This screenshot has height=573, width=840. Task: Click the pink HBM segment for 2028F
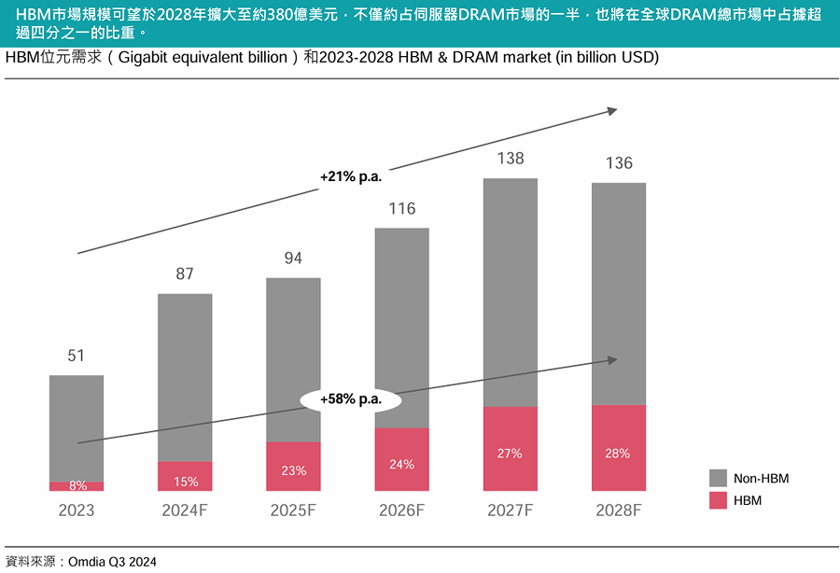(619, 448)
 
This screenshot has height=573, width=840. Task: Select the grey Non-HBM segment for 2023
(77, 428)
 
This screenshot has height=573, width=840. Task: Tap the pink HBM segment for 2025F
(293, 467)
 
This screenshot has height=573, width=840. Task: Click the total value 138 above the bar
(511, 159)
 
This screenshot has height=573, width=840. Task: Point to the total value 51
(77, 356)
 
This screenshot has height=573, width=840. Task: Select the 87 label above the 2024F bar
(185, 273)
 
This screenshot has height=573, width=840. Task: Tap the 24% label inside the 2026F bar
(402, 464)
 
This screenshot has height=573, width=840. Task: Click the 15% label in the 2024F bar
(185, 482)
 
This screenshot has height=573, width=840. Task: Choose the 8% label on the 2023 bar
(77, 486)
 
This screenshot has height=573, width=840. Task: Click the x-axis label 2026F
(402, 511)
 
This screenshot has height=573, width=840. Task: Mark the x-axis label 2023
(77, 511)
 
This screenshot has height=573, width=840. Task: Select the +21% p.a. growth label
(351, 175)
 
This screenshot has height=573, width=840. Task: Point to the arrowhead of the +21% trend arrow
(612, 110)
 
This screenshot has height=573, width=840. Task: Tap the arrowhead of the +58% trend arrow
(612, 359)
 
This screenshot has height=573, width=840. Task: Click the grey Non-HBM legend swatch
(718, 478)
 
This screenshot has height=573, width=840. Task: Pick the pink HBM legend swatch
(718, 501)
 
